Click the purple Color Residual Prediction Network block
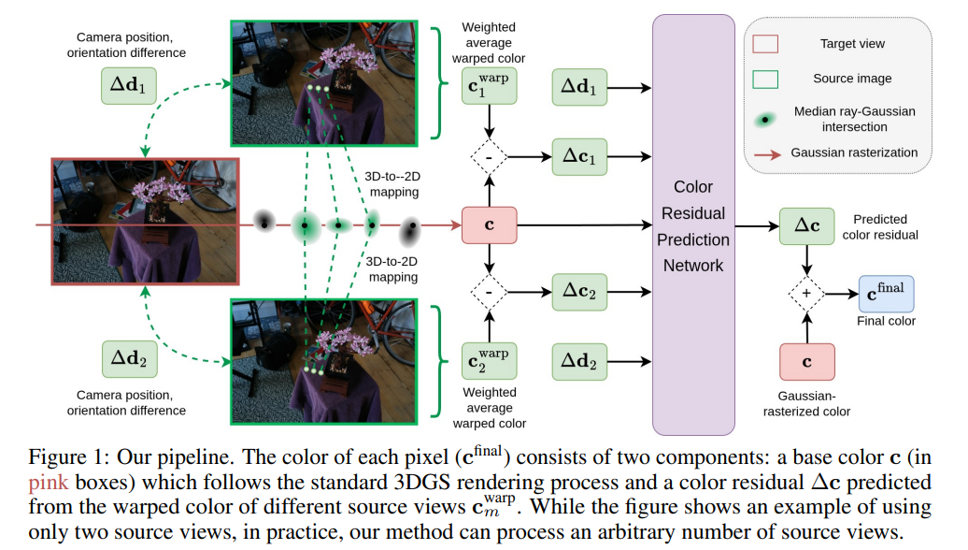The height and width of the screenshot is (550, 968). pyautogui.click(x=693, y=224)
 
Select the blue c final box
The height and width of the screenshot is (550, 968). pyautogui.click(x=886, y=293)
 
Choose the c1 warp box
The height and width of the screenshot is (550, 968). pyautogui.click(x=489, y=88)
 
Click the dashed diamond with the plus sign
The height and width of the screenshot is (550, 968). pyautogui.click(x=807, y=293)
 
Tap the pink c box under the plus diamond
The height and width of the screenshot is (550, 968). pyautogui.click(x=807, y=362)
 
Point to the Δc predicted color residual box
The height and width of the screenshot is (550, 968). pyautogui.click(x=807, y=225)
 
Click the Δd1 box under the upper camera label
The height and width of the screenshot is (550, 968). pyautogui.click(x=129, y=87)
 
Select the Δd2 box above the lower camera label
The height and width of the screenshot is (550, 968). pyautogui.click(x=129, y=358)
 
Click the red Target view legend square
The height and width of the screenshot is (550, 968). pyautogui.click(x=766, y=44)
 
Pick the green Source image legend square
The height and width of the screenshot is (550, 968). pyautogui.click(x=766, y=80)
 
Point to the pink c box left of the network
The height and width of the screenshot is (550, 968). pyautogui.click(x=489, y=225)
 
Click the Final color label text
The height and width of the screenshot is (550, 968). pyautogui.click(x=886, y=321)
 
